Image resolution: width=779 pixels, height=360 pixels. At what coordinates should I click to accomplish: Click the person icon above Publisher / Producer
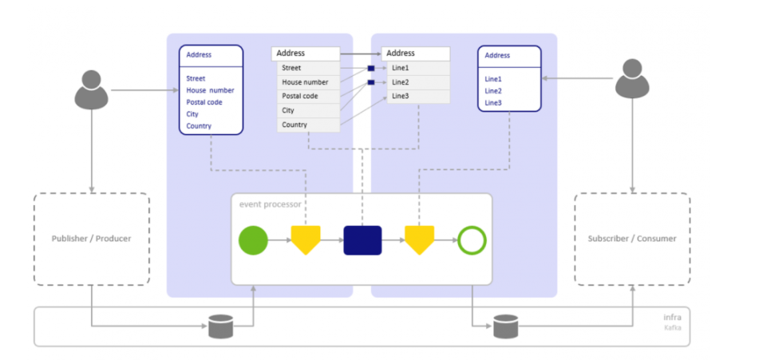[92, 89]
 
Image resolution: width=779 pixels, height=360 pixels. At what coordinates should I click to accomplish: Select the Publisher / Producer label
[92, 239]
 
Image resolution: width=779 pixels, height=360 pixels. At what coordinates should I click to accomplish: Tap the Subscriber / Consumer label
[631, 239]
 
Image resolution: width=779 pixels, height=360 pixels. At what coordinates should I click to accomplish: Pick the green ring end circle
[472, 239]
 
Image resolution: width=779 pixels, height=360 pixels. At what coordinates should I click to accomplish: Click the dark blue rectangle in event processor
[362, 239]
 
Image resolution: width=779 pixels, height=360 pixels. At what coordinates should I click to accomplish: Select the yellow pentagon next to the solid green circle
[305, 239]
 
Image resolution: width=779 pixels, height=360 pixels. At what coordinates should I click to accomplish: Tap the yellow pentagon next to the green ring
[419, 239]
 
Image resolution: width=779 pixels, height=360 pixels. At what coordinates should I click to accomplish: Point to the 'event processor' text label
[271, 204]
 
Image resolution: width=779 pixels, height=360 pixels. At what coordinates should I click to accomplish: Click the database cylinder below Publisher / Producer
[220, 326]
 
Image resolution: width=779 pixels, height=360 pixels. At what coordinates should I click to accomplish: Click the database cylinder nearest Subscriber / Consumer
[504, 326]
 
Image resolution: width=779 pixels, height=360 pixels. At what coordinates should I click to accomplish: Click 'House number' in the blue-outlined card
[210, 90]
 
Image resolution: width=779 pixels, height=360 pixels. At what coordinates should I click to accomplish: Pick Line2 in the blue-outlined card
[493, 91]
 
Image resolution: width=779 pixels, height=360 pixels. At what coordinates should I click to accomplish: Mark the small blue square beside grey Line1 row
[370, 69]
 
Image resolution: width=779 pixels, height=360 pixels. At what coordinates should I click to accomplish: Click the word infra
[674, 317]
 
